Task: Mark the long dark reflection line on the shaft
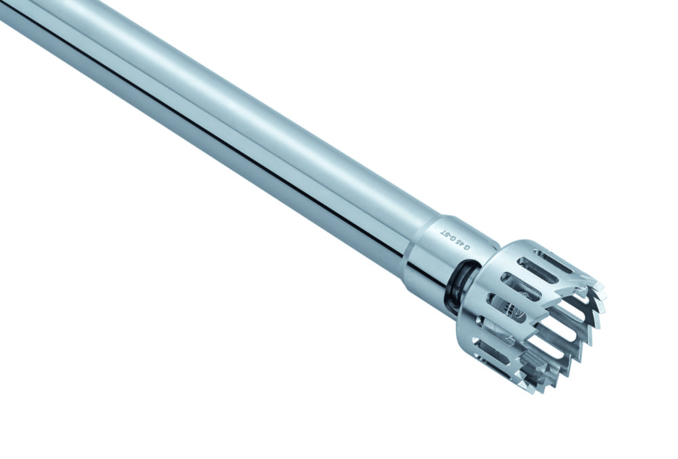(x=203, y=129)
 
